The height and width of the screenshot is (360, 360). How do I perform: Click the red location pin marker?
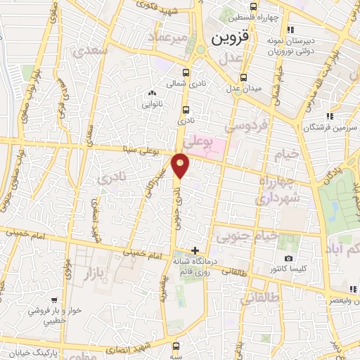(x=181, y=164)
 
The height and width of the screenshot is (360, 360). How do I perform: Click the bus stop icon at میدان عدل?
(x=243, y=77)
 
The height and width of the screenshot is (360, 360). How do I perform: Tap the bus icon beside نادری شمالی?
(x=186, y=72)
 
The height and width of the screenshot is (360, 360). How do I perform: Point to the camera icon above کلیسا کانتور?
(x=288, y=259)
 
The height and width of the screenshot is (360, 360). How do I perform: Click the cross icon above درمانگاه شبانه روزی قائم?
(x=195, y=250)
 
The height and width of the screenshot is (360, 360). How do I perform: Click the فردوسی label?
(x=245, y=126)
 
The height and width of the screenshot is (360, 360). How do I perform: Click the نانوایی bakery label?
(x=152, y=103)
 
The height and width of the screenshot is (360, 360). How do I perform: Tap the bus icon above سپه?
(x=176, y=346)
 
